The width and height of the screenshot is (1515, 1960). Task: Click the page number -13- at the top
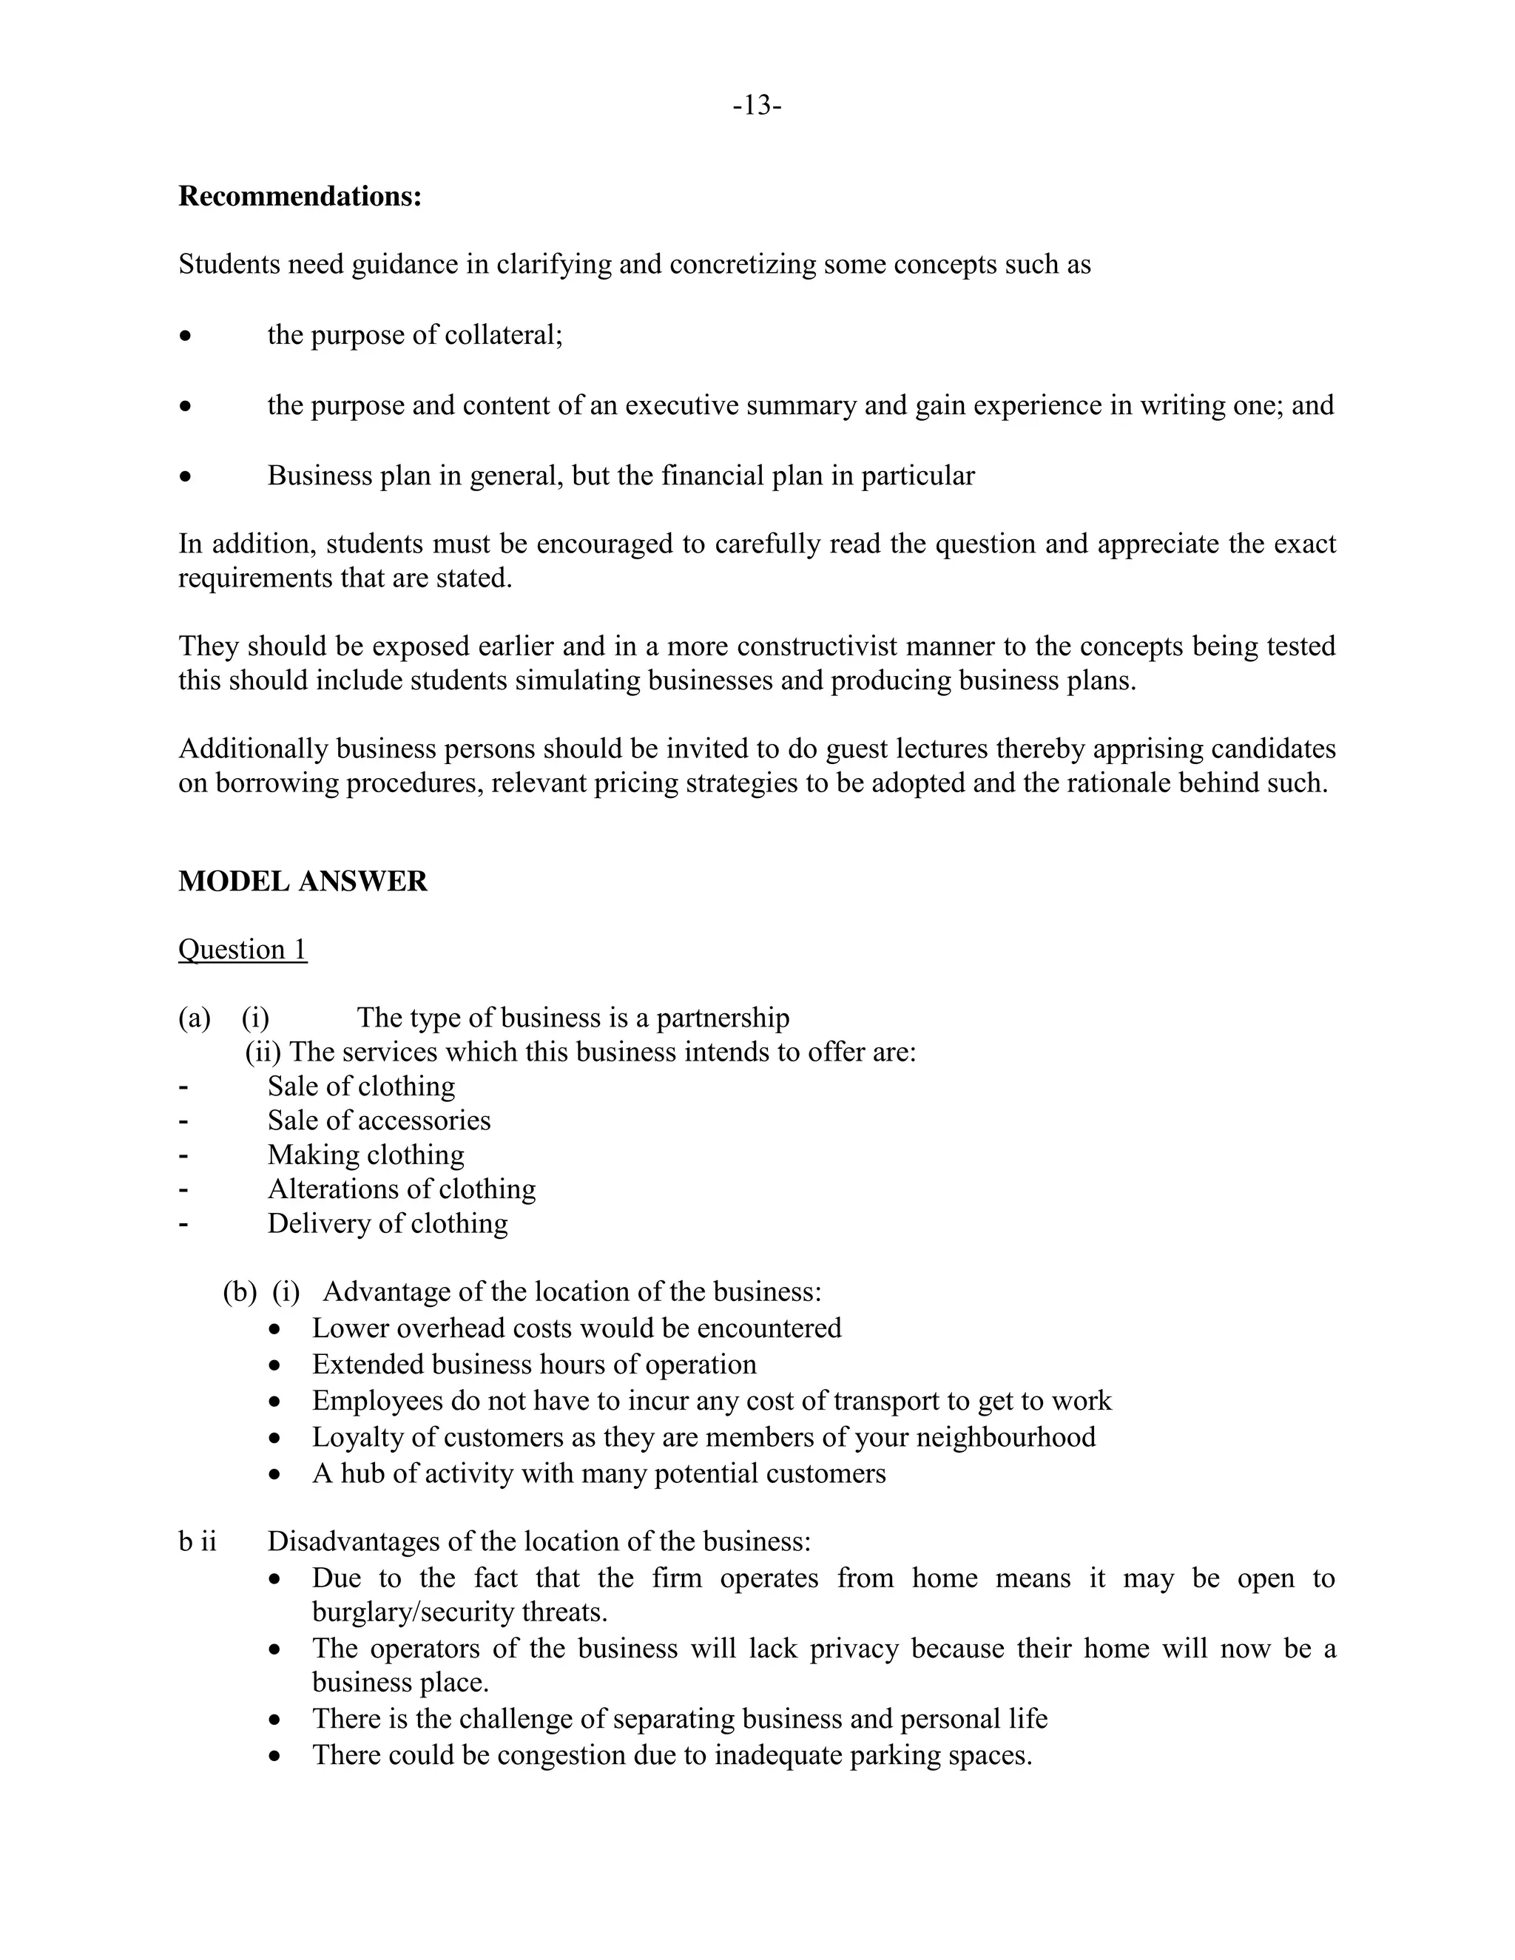click(x=757, y=106)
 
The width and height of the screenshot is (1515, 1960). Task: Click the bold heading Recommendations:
click(x=300, y=196)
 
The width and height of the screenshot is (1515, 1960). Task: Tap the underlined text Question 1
click(x=243, y=949)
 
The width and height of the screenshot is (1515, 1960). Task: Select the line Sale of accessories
click(x=379, y=1120)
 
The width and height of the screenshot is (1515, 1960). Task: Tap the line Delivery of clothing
click(x=387, y=1223)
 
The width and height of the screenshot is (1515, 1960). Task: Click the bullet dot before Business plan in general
click(x=185, y=476)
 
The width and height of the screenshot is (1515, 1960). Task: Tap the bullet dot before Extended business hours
click(x=275, y=1366)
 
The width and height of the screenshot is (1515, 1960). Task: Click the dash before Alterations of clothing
click(x=184, y=1189)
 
